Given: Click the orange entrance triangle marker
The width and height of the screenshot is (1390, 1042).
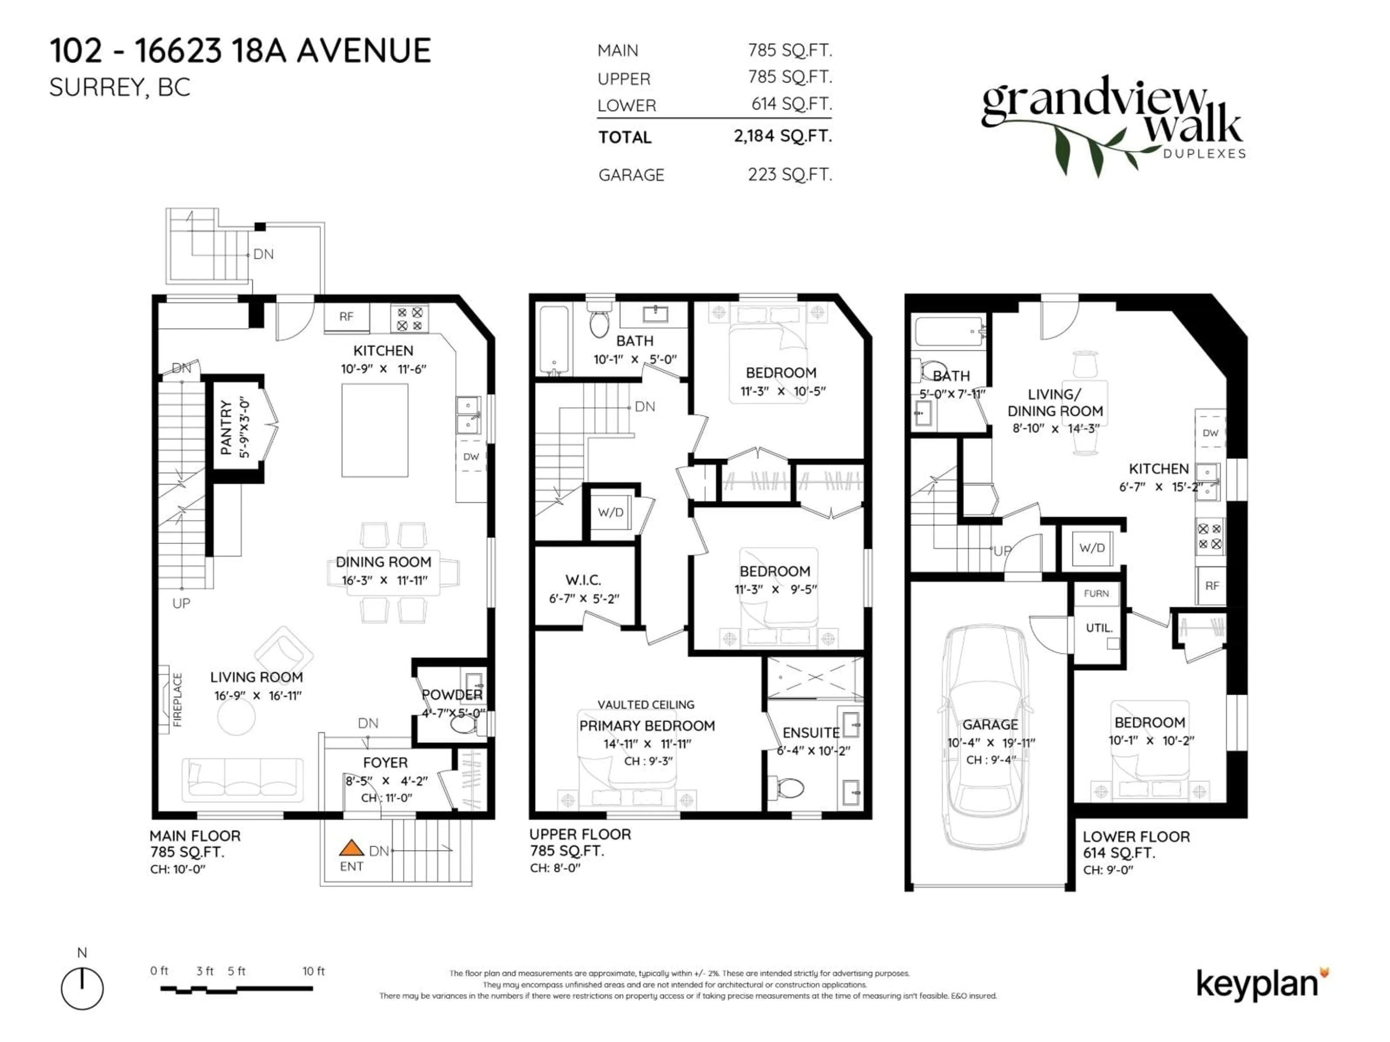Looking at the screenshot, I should point(351,848).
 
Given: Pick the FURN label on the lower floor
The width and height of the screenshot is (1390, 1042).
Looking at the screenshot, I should point(1096,594).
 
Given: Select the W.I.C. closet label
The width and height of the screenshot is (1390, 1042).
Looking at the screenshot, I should point(582,580).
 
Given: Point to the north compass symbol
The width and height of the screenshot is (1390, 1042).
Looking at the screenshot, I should point(82,988).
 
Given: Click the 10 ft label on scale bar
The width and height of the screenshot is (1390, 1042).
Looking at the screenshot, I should point(313,971).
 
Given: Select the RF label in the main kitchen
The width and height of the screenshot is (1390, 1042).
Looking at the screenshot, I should point(346,317).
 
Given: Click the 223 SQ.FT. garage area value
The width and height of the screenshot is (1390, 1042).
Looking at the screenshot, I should point(789,175).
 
